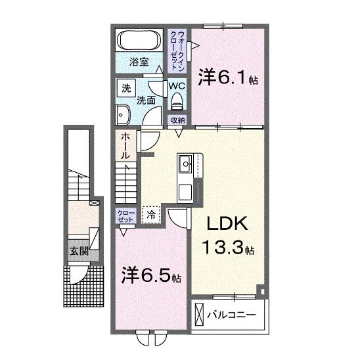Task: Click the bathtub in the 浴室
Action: click(x=139, y=41)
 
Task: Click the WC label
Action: click(x=177, y=85)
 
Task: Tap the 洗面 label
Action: click(x=146, y=101)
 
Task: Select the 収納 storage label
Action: click(x=177, y=120)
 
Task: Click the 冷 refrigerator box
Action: click(x=152, y=214)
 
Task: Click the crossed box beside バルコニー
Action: click(x=199, y=315)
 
